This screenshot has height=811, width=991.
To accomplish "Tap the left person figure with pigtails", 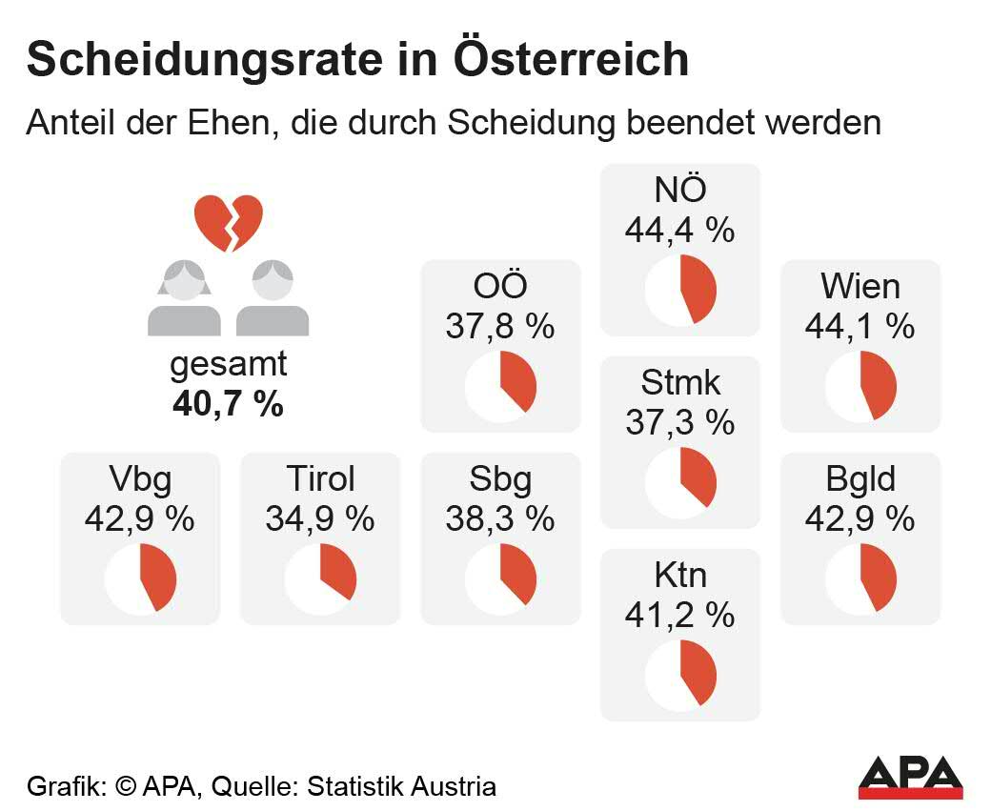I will [184, 298].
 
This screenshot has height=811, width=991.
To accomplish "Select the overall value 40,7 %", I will [228, 403].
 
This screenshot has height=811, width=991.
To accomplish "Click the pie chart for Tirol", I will [320, 578].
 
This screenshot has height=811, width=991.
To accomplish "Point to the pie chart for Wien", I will [860, 386].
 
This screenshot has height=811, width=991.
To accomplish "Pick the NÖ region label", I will [680, 191].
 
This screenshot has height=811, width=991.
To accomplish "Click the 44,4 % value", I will [680, 230].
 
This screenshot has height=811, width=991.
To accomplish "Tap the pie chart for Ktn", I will [680, 674].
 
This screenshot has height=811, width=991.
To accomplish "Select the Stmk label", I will [680, 383].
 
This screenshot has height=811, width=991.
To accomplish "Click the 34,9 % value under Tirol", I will [320, 518].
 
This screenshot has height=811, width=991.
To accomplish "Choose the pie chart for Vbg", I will [140, 578].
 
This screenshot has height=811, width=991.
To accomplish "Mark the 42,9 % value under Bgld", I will [860, 518].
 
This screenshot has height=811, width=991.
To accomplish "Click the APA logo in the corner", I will [910, 777].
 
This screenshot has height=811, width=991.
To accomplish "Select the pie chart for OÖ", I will [500, 386].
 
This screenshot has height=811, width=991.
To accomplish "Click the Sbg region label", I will [500, 479].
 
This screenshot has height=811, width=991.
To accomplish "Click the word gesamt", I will [228, 365].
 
